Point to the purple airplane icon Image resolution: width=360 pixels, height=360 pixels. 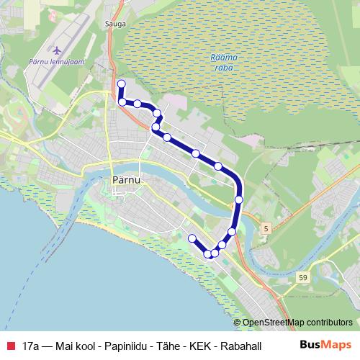[57, 52]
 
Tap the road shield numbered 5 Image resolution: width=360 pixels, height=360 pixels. [266, 228]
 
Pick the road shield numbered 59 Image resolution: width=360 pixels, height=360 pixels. [302, 276]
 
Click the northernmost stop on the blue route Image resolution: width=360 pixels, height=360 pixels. [121, 84]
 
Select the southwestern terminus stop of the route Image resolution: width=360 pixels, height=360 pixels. [192, 238]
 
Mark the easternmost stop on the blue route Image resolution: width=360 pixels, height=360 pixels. [239, 199]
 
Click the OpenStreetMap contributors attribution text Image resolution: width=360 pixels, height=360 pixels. [298, 323]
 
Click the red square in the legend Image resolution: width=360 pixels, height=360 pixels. [10, 346]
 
